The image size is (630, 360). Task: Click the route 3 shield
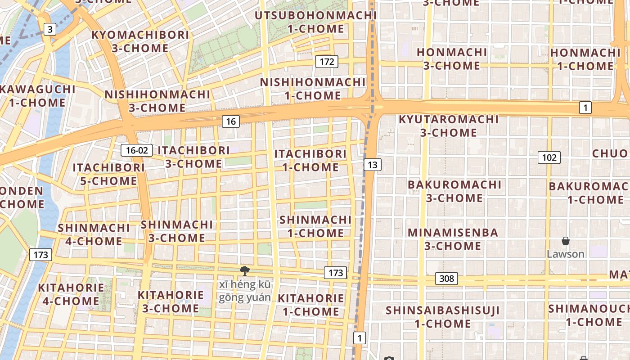50,30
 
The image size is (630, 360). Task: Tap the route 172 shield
327,62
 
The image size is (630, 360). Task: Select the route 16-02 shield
137,150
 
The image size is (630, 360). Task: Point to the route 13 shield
372,165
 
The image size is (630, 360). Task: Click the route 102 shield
549,157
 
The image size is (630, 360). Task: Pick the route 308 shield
446,279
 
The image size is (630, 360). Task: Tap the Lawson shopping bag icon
566,241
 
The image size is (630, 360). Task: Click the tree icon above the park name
244,270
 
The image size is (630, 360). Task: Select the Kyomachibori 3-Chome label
140,41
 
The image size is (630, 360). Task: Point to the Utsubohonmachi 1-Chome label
315,22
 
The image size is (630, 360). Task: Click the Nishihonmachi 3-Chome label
157,101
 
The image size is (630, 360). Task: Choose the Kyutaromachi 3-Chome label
449,126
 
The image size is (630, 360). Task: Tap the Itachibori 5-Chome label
108,174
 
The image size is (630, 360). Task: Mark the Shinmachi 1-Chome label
315,226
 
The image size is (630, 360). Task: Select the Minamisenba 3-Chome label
453,239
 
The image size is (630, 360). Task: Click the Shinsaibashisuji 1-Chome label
443,317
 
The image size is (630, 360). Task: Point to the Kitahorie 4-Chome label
71,294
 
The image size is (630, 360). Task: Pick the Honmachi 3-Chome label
452,59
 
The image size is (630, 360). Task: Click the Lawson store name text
566,254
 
